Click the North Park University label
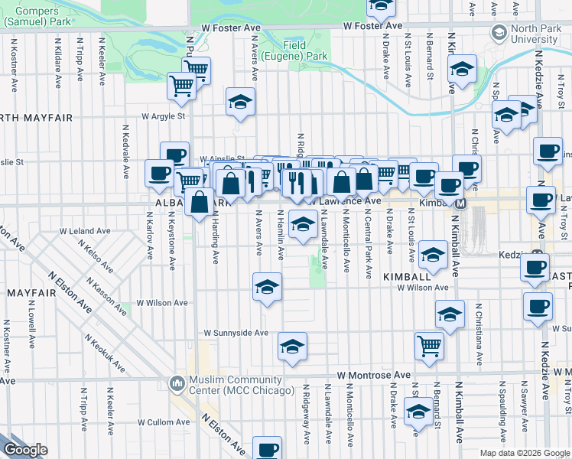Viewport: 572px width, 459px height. tap(535, 34)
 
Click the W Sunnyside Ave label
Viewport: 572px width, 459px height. tap(236, 333)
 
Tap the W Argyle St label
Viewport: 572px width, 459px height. tap(163, 117)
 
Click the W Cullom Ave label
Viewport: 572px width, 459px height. tap(163, 422)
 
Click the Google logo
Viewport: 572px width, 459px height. tap(25, 450)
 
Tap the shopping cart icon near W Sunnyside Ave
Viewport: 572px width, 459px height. tap(429, 345)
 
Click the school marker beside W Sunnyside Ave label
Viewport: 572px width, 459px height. tap(291, 346)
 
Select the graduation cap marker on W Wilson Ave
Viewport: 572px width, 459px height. tap(267, 286)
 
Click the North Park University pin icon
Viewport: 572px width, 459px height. tap(499, 32)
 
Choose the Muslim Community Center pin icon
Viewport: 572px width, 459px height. tap(177, 381)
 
